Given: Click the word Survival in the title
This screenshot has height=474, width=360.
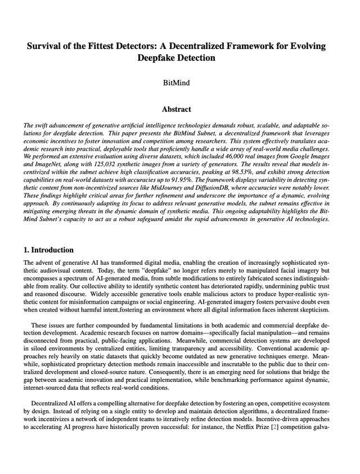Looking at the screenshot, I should (x=44, y=46).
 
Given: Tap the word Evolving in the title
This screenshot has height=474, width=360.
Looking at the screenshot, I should (x=307, y=46).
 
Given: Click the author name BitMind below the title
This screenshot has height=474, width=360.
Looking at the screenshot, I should (x=176, y=83).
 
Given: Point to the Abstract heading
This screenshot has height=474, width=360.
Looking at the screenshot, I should (x=176, y=109).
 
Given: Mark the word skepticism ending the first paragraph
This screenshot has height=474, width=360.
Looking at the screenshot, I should (x=312, y=309).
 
